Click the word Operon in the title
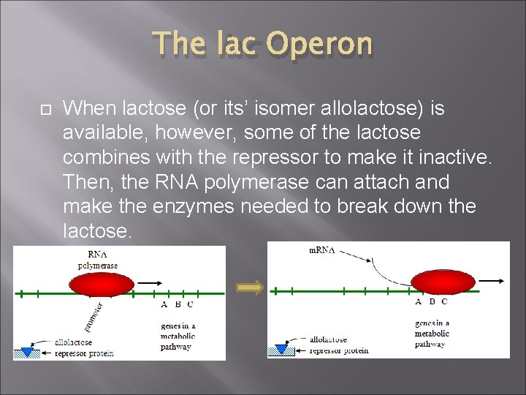click(319, 44)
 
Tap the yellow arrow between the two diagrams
click(251, 288)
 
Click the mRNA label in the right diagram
click(322, 250)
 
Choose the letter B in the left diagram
click(176, 305)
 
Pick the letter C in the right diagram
click(444, 301)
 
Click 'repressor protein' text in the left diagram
click(85, 353)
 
